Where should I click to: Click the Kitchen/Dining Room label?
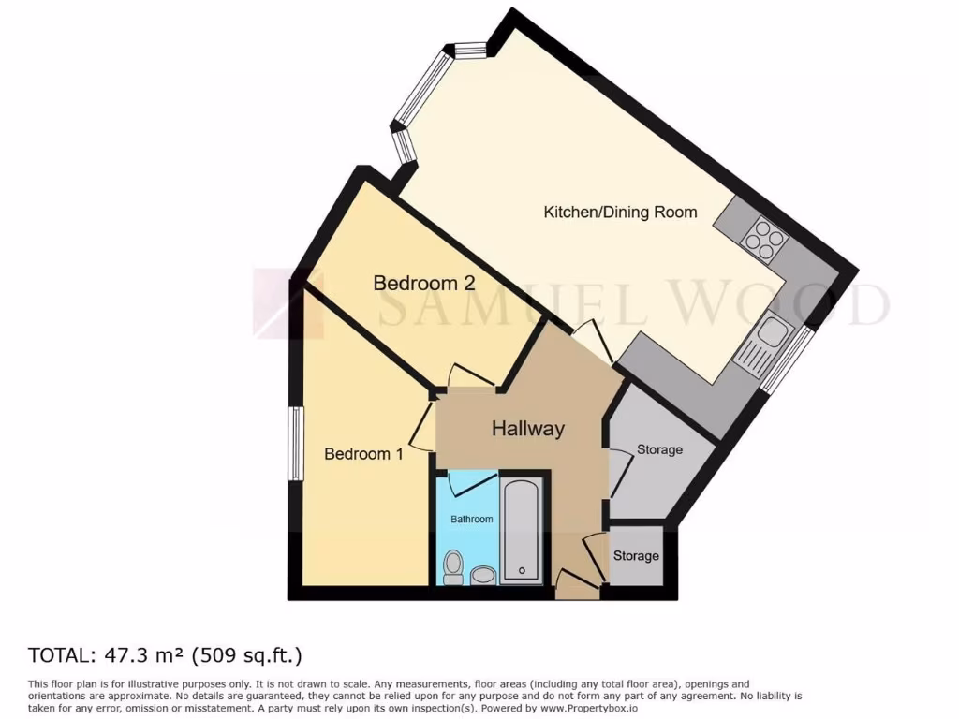(x=620, y=213)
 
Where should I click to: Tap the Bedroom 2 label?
(x=424, y=283)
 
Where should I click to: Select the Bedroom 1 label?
(x=363, y=454)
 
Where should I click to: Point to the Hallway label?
(x=528, y=429)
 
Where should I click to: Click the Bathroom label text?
(x=471, y=519)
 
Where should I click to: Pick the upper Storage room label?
(x=659, y=449)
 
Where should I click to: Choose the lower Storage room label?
(x=636, y=556)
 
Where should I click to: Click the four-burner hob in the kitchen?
(x=764, y=240)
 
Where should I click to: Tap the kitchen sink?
(x=773, y=331)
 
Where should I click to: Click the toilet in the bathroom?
(x=453, y=566)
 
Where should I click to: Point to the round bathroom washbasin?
(x=483, y=574)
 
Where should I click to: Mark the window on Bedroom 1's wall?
(x=295, y=444)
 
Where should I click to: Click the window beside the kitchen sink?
(x=787, y=359)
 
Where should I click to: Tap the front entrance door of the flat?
(x=575, y=585)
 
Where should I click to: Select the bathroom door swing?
(x=474, y=482)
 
